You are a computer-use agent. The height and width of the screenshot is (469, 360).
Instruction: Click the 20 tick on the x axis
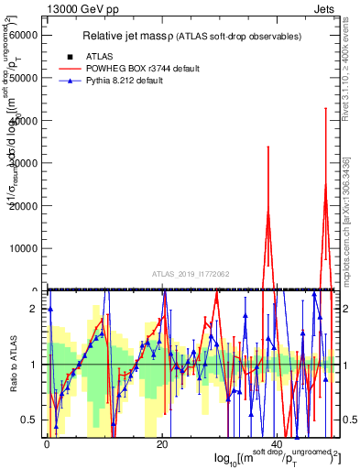click(161, 443)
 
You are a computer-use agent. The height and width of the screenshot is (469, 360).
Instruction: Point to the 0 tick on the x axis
click(47, 443)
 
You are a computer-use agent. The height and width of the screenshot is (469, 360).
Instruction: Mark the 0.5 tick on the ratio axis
click(29, 420)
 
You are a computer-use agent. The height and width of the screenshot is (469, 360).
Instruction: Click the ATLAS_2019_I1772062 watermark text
click(191, 274)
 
